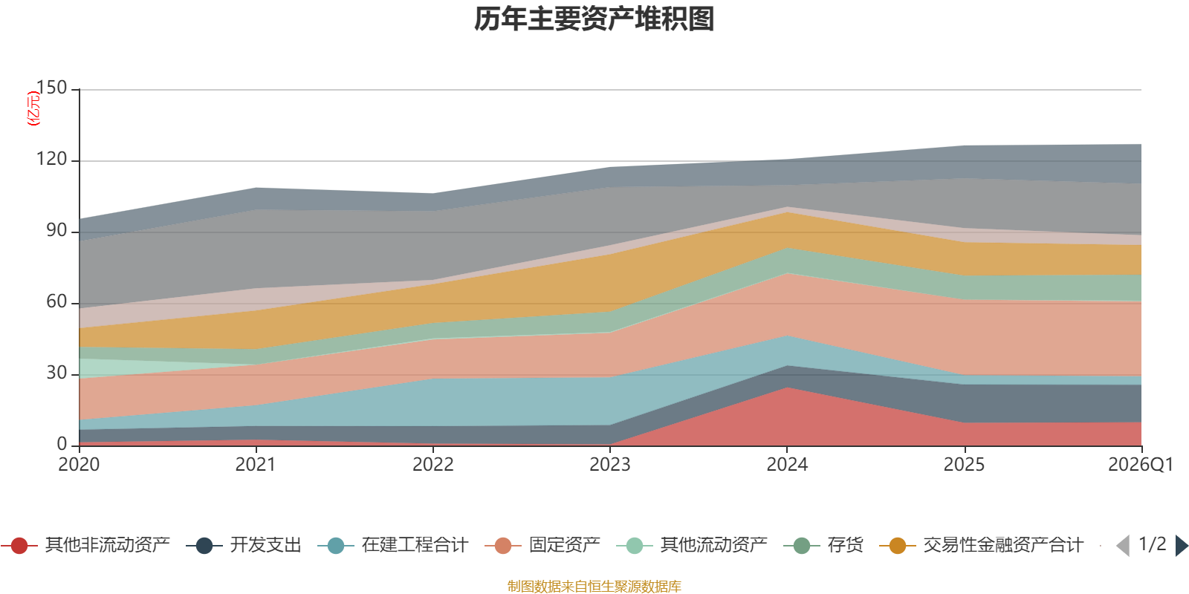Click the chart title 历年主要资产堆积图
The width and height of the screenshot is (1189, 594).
coord(594,19)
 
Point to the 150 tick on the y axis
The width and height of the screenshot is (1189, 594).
coord(51,88)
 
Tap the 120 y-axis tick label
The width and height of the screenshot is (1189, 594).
coord(51,159)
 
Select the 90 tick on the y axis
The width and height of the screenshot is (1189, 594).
coord(56,230)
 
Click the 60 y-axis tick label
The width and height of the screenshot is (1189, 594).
coord(56,301)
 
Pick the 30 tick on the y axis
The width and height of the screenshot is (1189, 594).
coord(56,373)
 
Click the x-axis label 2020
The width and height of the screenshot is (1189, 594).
coord(79,465)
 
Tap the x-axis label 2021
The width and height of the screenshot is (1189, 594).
coord(256,465)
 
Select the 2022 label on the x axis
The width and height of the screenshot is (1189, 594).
coord(432,465)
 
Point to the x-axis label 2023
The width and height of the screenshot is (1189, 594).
coord(609,465)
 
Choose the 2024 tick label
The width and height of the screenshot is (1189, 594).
coord(787,465)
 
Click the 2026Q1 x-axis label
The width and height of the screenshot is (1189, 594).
coord(1140,465)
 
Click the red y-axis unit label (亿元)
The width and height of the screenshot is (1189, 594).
coord(33,108)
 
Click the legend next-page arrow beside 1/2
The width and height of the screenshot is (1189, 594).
coord(1181,546)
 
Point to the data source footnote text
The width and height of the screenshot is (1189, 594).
coord(594,587)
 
